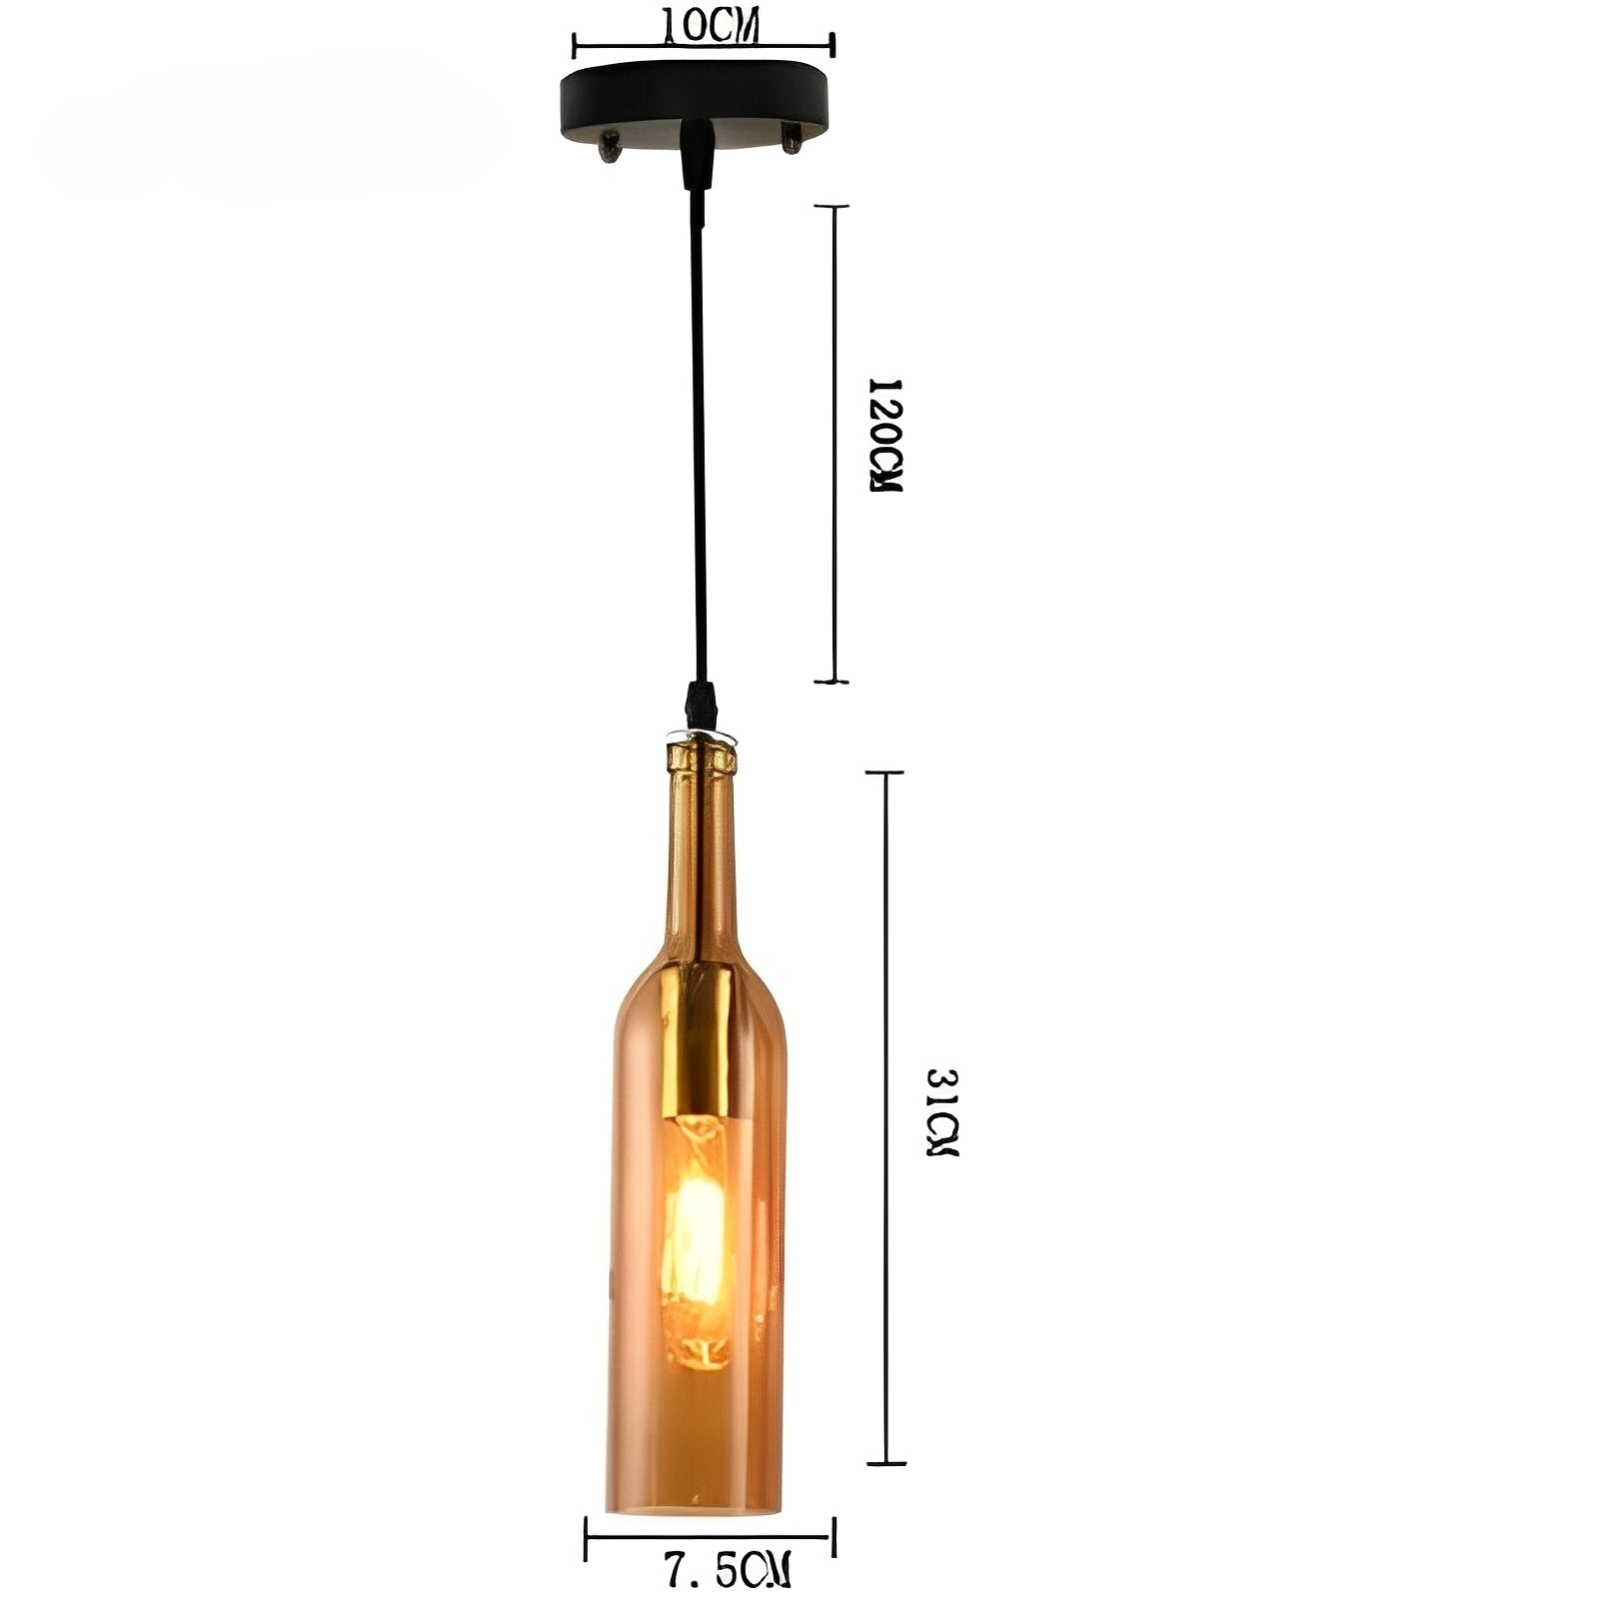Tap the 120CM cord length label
[x=885, y=436]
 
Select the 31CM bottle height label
[x=940, y=1112]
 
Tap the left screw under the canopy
[x=607, y=147]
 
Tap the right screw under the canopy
[x=791, y=138]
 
